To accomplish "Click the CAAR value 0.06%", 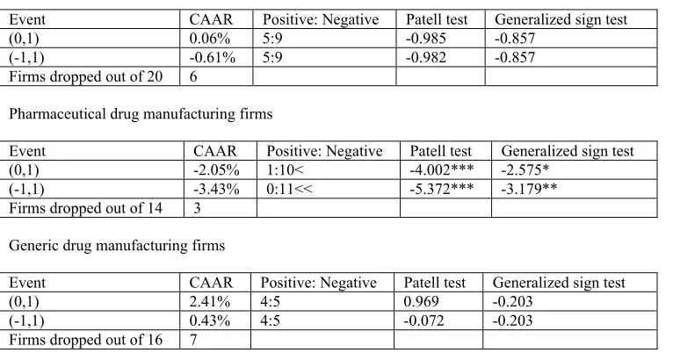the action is coord(209,39).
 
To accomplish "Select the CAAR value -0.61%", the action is coord(213,57).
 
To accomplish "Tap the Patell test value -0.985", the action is coord(426,39).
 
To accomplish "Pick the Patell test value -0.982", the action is coord(426,57).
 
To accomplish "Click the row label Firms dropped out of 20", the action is coord(86,76).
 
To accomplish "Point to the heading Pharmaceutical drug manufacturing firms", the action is coord(141,113).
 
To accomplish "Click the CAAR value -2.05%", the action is coord(216,170).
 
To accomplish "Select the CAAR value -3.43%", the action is coord(216,190).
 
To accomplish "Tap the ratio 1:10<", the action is coord(285,170).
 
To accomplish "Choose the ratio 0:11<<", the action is coord(290,190).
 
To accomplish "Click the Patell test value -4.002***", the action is coord(442,170).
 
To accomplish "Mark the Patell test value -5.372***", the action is coord(442,190).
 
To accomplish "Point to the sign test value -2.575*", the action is coord(525,170).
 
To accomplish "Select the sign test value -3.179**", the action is coord(529,190).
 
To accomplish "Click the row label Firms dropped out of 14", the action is coord(86,208).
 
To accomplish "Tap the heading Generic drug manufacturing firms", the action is coord(117,246).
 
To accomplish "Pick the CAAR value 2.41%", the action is coord(209,302).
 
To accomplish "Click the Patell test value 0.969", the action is coord(421,302).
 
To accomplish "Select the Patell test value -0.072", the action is coord(423,320).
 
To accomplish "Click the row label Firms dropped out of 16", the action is coord(86,340).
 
